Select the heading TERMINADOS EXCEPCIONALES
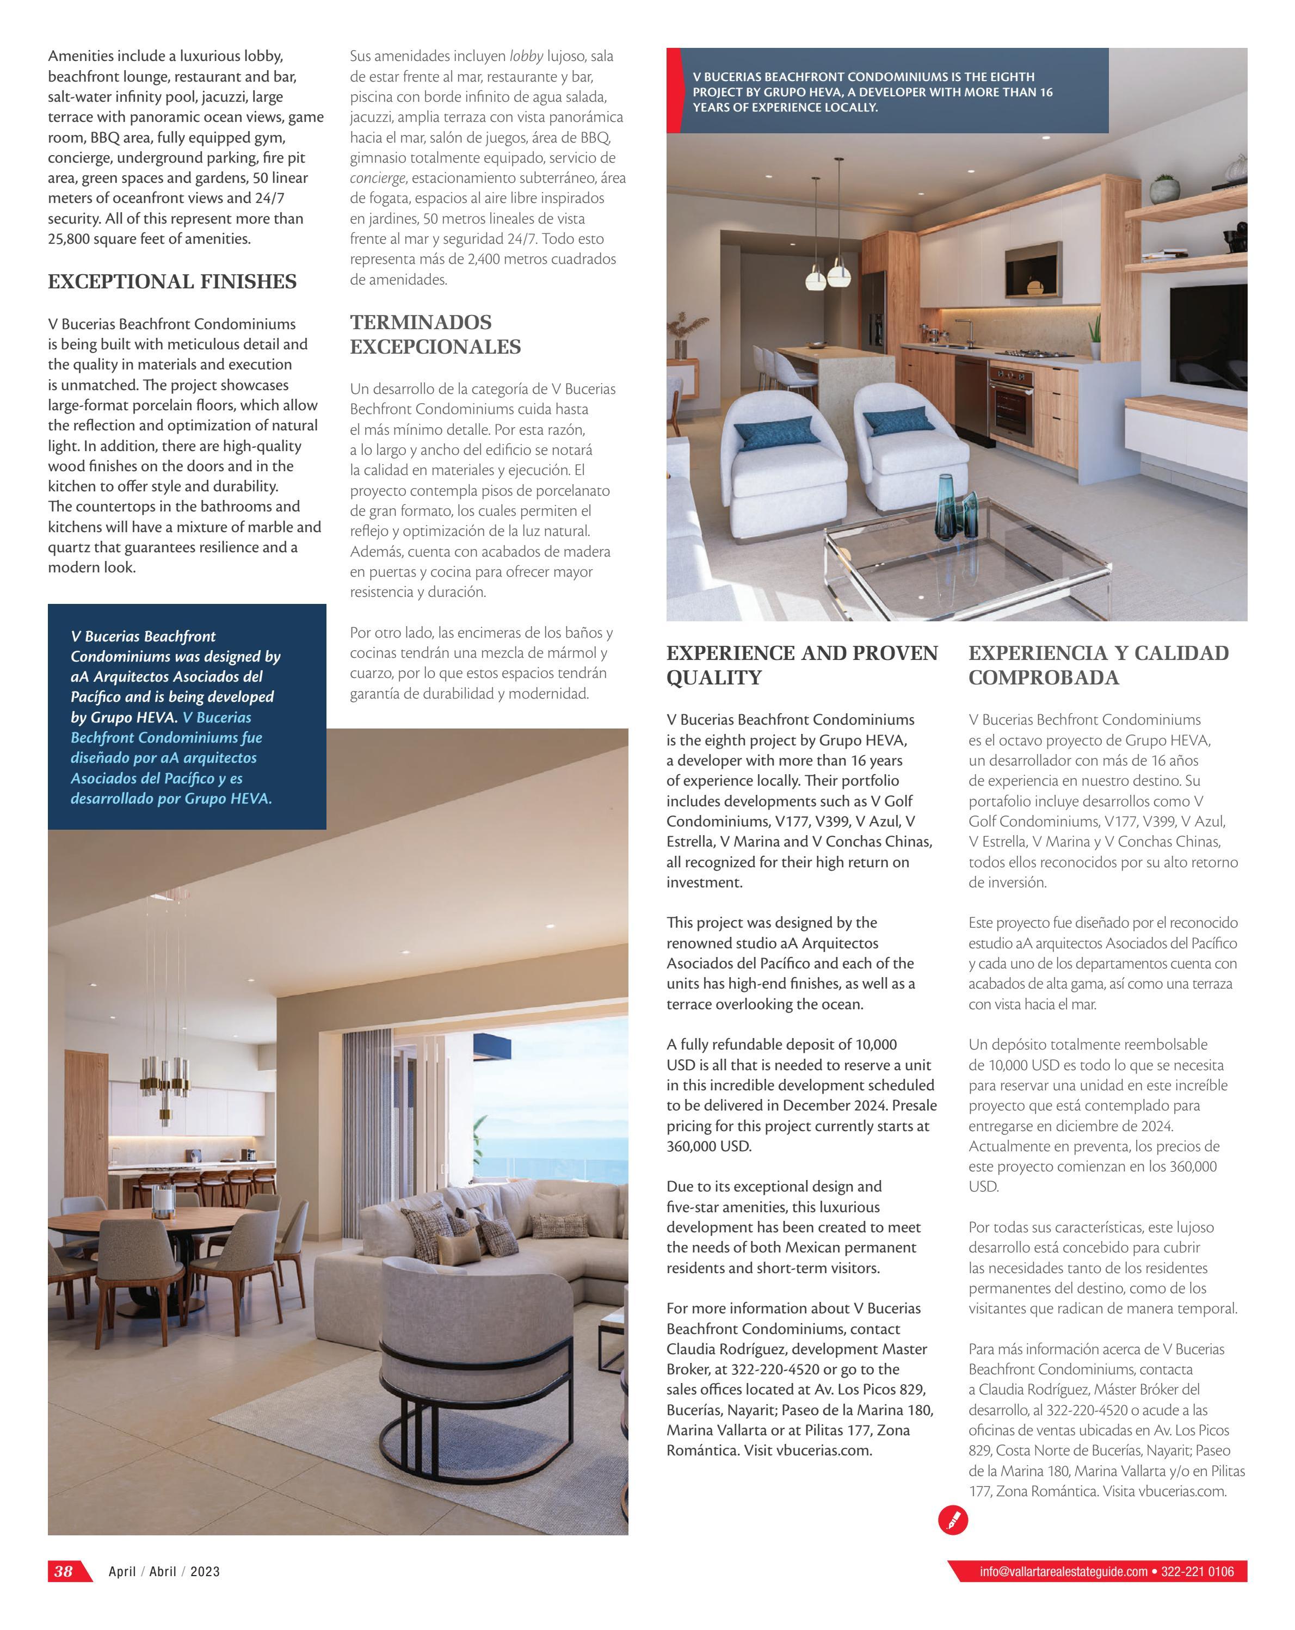pos(435,334)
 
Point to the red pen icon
pos(953,1520)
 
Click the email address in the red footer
pos(1063,1572)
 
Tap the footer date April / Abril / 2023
pos(164,1572)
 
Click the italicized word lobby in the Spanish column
pos(526,56)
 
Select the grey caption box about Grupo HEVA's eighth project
pos(892,91)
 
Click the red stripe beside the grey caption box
pos(673,91)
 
